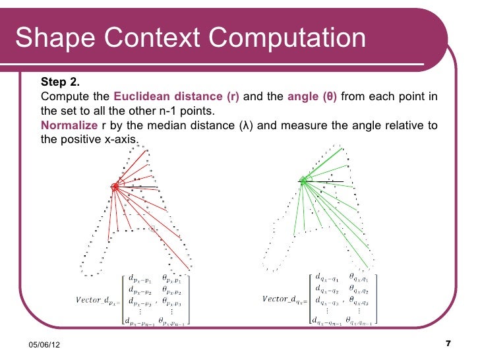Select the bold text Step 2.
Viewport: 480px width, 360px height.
click(x=60, y=82)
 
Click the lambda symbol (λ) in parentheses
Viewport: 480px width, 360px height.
click(x=243, y=126)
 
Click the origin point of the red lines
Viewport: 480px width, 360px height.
click(x=115, y=187)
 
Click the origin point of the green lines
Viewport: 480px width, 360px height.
click(x=303, y=179)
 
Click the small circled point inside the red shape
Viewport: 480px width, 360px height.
click(x=155, y=228)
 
